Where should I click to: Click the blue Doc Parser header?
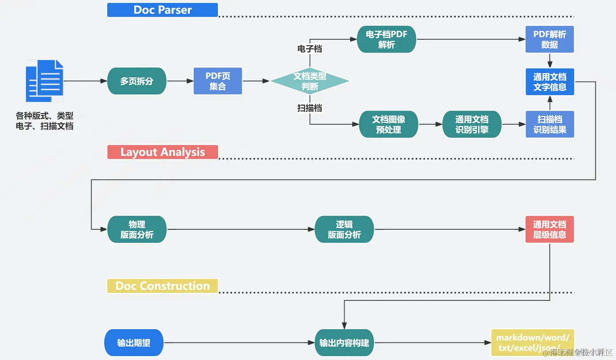click(162, 10)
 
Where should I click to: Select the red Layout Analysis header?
click(162, 152)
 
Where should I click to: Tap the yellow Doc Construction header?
click(162, 286)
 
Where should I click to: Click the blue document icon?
click(45, 81)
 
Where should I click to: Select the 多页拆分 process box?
click(137, 81)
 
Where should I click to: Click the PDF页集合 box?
click(218, 81)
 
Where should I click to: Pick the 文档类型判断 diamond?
click(310, 81)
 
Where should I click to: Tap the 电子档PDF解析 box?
click(386, 40)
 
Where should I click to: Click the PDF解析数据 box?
click(549, 40)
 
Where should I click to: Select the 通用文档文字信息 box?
click(549, 82)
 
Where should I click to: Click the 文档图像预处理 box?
click(388, 124)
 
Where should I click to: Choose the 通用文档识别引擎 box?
click(472, 124)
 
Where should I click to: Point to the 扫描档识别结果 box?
click(549, 124)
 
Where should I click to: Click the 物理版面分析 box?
click(137, 229)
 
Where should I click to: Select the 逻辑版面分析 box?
click(344, 229)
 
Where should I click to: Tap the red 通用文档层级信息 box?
click(549, 229)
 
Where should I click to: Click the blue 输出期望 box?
click(134, 343)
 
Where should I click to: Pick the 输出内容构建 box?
click(344, 343)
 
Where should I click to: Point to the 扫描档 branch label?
click(309, 108)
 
